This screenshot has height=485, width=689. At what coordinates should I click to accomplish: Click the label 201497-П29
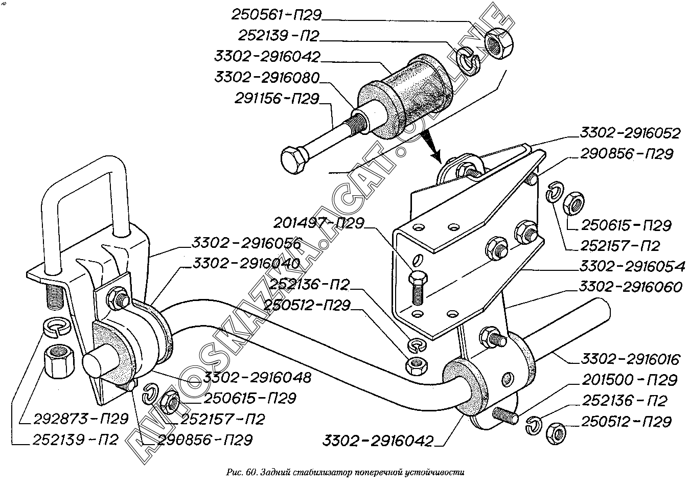pyautogui.click(x=318, y=223)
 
